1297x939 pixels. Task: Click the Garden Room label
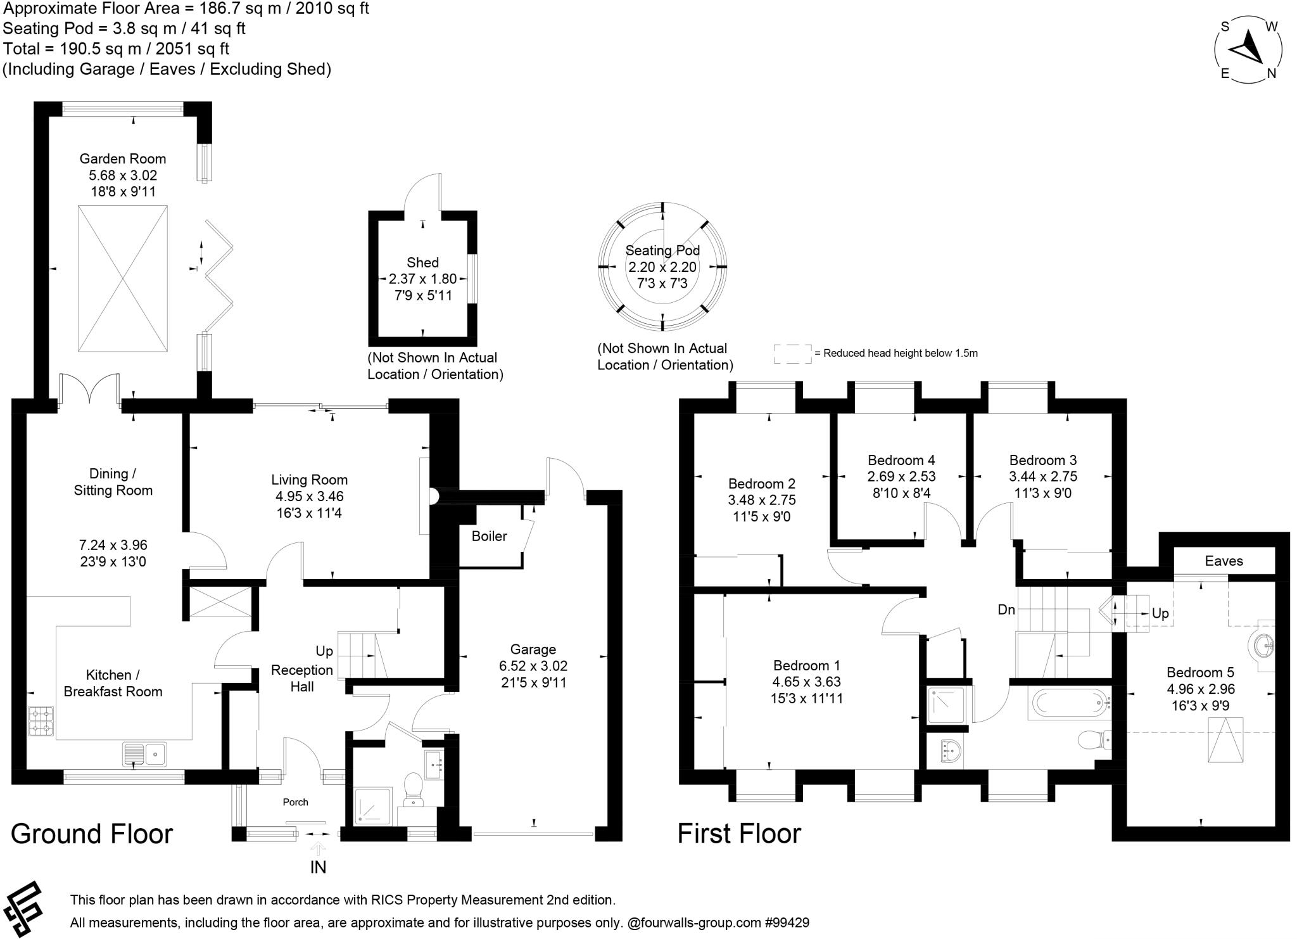point(123,159)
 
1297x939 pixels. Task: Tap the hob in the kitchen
point(41,720)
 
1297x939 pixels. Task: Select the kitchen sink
point(145,754)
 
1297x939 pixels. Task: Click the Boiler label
point(489,537)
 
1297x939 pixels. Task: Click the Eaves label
point(1224,561)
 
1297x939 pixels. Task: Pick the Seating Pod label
point(662,251)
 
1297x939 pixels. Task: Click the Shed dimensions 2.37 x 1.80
point(422,279)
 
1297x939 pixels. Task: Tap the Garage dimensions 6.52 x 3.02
point(533,666)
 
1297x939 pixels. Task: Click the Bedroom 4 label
point(901,460)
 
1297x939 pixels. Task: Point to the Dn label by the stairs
point(1006,610)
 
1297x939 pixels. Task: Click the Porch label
point(295,802)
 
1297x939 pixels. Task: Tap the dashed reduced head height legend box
point(792,354)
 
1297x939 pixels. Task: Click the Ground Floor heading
point(92,834)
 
